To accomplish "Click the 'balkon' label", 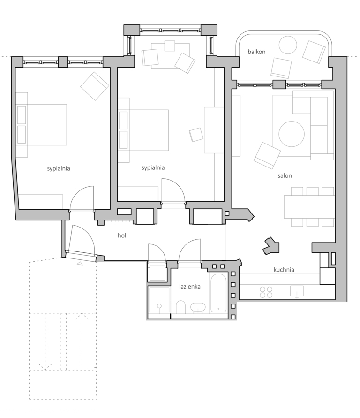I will (256, 52).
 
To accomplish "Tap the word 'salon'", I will (285, 176).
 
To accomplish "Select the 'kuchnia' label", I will (284, 270).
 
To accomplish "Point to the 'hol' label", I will (122, 236).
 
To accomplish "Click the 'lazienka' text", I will (190, 286).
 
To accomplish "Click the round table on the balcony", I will (288, 45).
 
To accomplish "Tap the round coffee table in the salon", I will (292, 134).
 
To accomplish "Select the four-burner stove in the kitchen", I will (266, 292).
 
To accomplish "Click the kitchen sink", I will (297, 291).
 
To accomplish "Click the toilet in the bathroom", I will (181, 308).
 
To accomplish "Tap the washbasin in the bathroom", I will (198, 308).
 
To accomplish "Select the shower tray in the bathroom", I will (159, 303).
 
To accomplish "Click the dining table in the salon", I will (309, 207).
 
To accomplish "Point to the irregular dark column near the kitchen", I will (271, 245).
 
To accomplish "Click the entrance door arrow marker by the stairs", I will (80, 264).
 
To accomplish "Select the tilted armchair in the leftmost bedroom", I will (95, 86).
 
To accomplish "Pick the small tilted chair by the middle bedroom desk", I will (196, 135).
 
